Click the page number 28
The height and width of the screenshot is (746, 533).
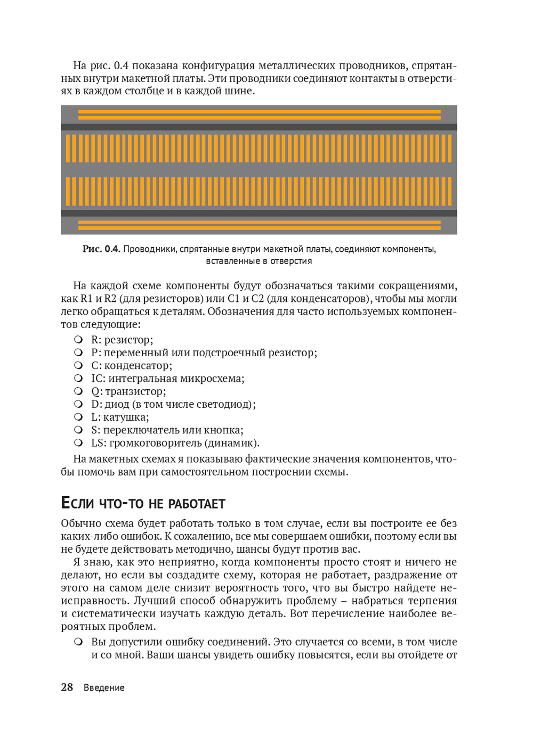click(67, 687)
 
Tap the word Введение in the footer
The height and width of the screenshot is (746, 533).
click(104, 687)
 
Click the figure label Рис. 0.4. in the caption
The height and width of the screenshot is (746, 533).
click(101, 249)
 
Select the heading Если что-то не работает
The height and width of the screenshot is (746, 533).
click(143, 503)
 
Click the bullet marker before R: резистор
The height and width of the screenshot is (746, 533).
click(78, 339)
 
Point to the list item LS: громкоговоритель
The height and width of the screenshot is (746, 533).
click(175, 442)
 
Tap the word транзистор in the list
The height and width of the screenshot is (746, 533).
click(135, 391)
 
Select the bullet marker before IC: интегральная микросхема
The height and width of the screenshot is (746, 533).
click(78, 378)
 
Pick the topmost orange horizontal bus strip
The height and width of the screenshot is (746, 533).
click(259, 111)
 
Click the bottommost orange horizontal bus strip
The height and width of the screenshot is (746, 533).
click(259, 228)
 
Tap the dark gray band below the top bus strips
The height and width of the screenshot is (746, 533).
click(259, 127)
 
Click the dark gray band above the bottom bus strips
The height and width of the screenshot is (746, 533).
click(259, 213)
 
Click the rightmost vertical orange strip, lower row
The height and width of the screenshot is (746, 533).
click(449, 191)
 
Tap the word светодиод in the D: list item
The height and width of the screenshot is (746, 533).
click(223, 404)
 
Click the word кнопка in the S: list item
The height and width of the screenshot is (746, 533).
click(223, 430)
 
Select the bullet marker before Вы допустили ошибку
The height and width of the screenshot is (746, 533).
click(78, 642)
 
